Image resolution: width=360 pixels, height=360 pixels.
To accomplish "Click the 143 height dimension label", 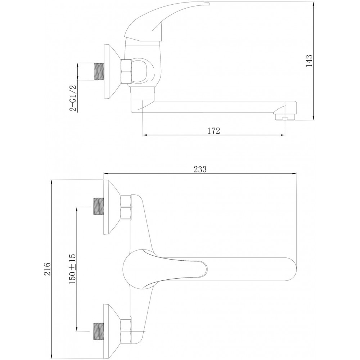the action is [309, 60].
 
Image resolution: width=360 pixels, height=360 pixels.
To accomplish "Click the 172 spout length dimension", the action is [214, 131].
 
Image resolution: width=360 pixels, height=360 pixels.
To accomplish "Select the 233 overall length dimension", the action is [200, 169].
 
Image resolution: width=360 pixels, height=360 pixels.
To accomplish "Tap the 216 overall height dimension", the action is [47, 269].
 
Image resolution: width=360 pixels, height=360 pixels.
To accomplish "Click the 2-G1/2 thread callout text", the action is [73, 98].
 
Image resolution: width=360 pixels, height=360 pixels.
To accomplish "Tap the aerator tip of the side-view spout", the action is [285, 116].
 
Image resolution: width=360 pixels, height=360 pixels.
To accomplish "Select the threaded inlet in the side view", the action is [99, 72].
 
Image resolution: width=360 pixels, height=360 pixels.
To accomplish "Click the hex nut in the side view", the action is [126, 71].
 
